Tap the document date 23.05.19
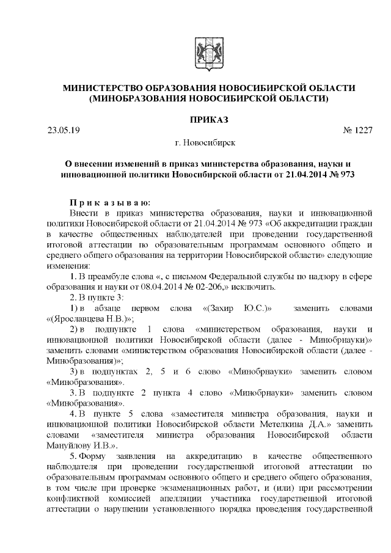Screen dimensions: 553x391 [63, 130]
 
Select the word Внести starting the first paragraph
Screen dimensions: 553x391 [84, 213]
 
